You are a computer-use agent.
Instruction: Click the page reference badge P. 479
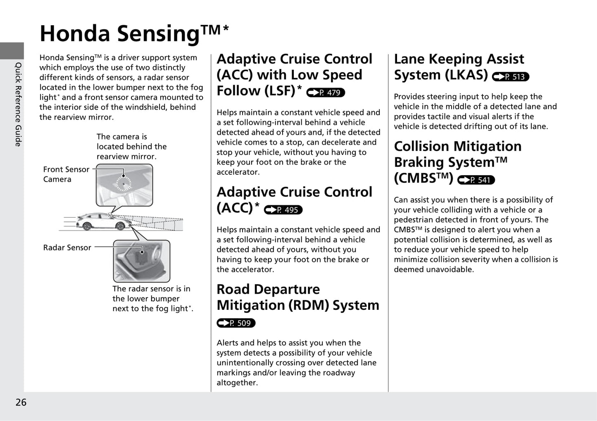coord(326,93)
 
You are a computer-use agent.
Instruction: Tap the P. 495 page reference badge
coord(283,210)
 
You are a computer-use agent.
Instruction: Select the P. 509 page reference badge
coord(236,323)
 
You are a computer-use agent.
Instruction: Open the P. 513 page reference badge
coord(511,76)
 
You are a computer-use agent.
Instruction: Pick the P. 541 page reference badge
coord(476,180)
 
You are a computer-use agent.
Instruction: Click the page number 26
coord(21,402)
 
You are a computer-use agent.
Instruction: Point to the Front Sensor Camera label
coord(66,174)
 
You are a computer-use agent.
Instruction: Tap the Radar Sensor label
coord(67,247)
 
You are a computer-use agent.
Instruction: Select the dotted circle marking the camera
coord(124,183)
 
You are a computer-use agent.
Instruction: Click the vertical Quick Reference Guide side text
coord(18,104)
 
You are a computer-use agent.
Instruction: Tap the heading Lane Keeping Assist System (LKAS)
coord(459,67)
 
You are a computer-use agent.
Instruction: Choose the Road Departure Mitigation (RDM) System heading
coord(297,297)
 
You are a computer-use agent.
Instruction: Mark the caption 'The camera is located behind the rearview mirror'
coord(131,147)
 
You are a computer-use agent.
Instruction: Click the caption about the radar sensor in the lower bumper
coord(152,299)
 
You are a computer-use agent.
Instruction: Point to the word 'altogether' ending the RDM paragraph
coord(237,383)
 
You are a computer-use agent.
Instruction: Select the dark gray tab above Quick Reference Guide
coord(12,51)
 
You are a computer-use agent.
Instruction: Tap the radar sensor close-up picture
coord(142,261)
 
